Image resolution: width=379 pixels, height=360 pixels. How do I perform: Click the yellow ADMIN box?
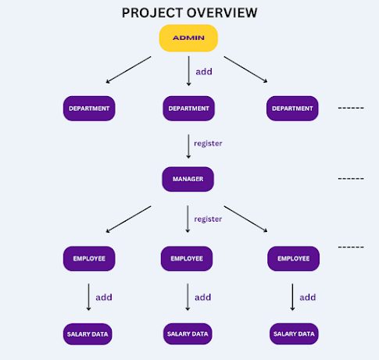click(x=188, y=38)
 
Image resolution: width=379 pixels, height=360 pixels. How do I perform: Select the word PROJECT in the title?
click(x=149, y=13)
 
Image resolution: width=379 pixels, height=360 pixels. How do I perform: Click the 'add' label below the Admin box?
click(x=204, y=71)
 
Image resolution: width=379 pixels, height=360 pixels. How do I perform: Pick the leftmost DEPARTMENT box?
click(x=89, y=108)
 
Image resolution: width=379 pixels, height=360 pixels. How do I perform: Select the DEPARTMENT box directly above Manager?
click(x=188, y=108)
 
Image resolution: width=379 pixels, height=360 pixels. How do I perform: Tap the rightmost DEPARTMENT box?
click(x=291, y=108)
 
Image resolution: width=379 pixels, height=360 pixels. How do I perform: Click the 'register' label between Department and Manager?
click(x=209, y=144)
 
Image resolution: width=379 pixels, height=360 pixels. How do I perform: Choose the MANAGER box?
click(x=188, y=179)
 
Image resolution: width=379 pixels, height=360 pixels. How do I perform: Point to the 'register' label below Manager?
click(x=209, y=219)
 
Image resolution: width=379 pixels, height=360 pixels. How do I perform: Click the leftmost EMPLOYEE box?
click(x=89, y=258)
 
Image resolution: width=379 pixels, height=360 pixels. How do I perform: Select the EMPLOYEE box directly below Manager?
click(x=187, y=258)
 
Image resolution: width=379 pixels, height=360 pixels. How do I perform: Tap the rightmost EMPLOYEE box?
click(x=293, y=258)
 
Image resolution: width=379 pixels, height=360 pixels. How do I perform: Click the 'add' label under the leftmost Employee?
click(x=104, y=297)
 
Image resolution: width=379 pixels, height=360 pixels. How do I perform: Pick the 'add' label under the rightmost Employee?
click(x=308, y=297)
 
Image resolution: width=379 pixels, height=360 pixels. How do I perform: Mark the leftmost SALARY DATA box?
click(x=88, y=334)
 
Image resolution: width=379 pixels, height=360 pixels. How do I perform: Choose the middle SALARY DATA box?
click(x=188, y=334)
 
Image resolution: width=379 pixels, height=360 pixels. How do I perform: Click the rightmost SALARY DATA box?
click(x=293, y=334)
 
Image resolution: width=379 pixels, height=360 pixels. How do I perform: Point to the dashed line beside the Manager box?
click(x=351, y=179)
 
